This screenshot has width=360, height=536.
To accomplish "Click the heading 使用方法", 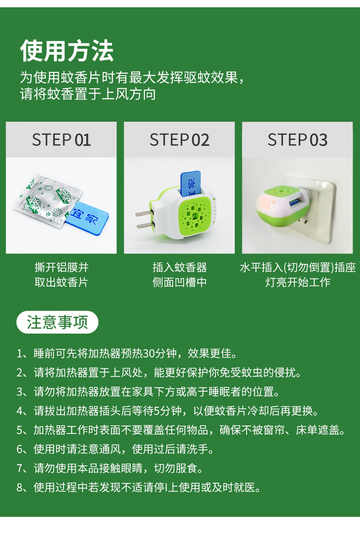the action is [67, 51].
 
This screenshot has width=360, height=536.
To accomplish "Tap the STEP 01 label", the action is [61, 140].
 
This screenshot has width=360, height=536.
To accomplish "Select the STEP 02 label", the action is [179, 140].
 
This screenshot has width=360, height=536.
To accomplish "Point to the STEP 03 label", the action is [297, 140].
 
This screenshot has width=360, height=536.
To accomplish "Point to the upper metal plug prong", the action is [144, 214].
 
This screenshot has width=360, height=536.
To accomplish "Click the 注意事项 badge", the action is [57, 322].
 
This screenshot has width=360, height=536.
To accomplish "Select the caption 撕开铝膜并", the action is [62, 267].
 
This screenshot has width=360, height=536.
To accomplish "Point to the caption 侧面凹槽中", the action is [180, 283].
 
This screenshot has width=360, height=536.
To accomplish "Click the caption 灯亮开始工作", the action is [298, 283].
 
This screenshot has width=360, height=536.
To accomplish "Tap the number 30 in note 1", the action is [149, 354].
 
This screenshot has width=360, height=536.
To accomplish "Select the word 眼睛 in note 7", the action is [132, 468].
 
